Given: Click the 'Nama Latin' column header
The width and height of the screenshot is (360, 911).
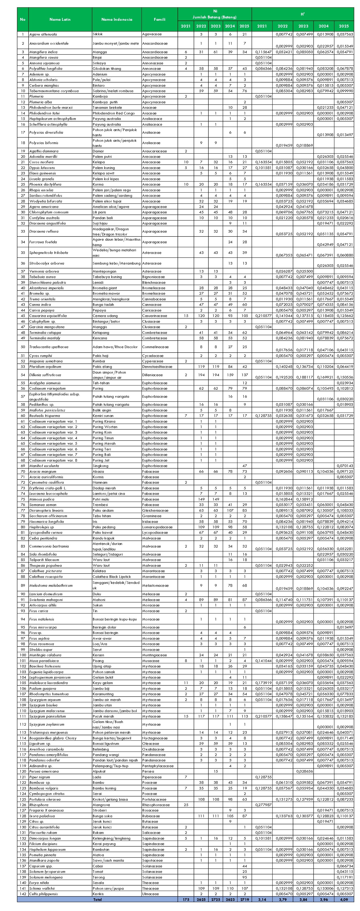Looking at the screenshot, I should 60,19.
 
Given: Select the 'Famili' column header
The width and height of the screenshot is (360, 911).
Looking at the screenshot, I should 159,19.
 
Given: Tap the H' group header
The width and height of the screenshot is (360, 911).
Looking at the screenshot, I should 303,14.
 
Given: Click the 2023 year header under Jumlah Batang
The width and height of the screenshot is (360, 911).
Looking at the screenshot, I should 215,26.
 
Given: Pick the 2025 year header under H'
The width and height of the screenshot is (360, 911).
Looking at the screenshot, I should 344,26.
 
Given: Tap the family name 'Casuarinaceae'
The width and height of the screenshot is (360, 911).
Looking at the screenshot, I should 154,316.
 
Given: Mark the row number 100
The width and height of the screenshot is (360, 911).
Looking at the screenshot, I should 23,655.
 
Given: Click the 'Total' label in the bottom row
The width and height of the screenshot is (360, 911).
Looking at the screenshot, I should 97,899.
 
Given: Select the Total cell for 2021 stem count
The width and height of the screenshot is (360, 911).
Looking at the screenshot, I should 186,899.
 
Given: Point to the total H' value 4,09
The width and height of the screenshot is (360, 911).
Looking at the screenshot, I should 344,899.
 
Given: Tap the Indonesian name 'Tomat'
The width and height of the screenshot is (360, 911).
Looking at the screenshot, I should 98,871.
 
